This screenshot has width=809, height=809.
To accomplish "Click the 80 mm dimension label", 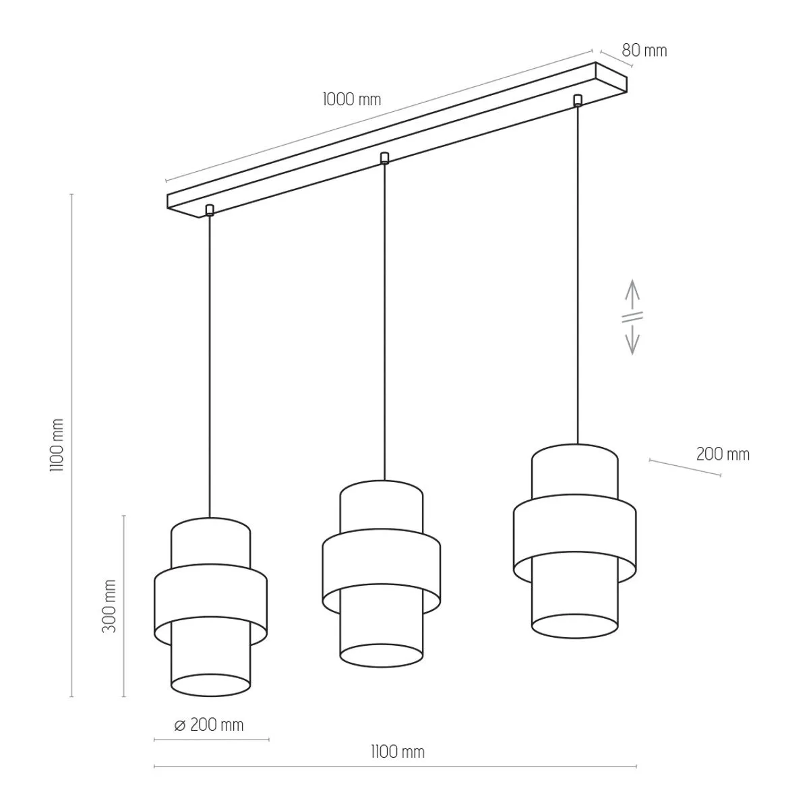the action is [644, 51].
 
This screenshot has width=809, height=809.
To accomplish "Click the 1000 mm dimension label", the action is [352, 100].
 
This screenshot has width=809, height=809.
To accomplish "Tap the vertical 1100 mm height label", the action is [57, 446].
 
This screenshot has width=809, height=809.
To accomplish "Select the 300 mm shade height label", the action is [109, 606].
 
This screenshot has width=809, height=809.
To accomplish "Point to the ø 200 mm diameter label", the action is [209, 725].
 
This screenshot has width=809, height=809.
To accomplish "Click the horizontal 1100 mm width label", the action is [398, 752].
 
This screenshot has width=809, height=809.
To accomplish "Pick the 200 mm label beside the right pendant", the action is [723, 454].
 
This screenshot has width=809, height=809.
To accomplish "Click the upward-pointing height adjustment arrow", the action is [632, 295].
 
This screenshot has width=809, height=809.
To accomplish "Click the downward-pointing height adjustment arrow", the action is [632, 339].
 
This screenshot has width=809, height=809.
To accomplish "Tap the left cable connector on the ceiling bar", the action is [210, 210].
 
